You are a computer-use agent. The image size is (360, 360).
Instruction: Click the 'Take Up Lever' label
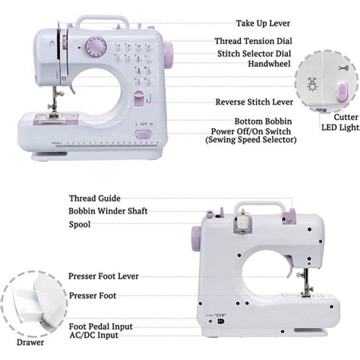click(x=263, y=24)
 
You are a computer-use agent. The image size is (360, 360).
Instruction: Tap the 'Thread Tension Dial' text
click(x=253, y=41)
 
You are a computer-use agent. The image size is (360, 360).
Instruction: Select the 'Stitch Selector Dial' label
click(x=254, y=54)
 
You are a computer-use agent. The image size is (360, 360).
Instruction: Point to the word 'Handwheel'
click(x=269, y=64)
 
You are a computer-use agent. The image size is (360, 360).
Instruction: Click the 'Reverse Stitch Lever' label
click(x=254, y=102)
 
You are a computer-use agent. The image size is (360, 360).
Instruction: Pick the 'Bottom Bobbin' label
click(x=263, y=122)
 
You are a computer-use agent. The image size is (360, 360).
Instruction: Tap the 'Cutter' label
click(x=346, y=117)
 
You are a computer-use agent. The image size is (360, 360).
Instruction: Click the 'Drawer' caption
click(x=30, y=343)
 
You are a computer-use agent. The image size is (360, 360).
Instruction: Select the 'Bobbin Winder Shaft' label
click(x=108, y=211)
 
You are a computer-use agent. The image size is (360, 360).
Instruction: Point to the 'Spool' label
click(x=80, y=225)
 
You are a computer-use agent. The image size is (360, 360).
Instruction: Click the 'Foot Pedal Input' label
click(x=101, y=327)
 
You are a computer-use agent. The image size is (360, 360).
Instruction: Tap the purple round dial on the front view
click(x=96, y=47)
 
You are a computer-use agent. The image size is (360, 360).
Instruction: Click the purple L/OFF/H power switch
click(x=144, y=134)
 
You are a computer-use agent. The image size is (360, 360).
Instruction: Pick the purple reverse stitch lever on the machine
click(x=139, y=98)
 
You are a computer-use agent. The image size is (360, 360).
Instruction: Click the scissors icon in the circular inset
click(x=343, y=68)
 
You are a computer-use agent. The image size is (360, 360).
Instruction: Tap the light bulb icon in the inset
click(x=312, y=84)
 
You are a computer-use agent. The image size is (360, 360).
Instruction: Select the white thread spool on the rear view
click(x=243, y=222)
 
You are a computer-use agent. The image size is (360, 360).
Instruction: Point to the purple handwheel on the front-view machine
click(x=168, y=55)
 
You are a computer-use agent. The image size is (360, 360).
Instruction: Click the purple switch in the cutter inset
click(x=343, y=92)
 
